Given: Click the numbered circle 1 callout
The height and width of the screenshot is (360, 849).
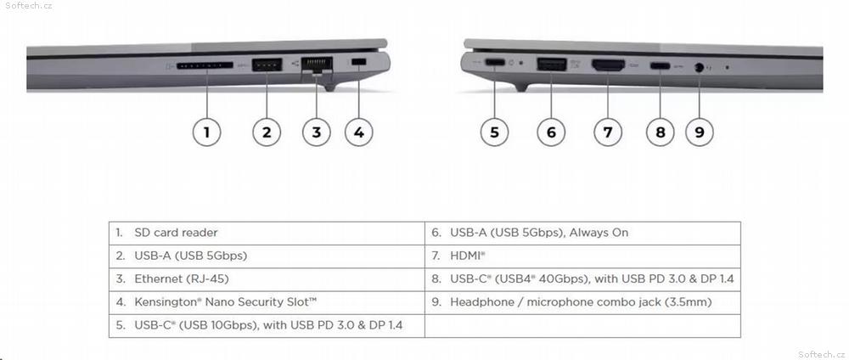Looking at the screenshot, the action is (206, 132).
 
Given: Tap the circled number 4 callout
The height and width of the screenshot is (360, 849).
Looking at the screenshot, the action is (358, 132).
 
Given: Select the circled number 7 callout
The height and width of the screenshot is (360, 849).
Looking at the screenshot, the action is (608, 132).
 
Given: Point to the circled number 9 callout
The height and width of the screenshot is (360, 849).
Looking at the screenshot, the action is (699, 132).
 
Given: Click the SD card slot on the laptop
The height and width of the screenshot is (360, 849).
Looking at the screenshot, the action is (205, 65).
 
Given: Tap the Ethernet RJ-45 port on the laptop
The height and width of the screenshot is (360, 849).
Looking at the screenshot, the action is (317, 66).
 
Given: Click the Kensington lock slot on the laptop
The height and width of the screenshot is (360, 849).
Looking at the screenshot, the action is (358, 63).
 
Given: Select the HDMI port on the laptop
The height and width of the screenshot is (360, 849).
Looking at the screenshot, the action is (608, 65).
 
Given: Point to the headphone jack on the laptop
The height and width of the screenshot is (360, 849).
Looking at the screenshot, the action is (699, 68).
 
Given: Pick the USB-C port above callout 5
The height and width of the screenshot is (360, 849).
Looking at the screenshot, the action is (495, 62).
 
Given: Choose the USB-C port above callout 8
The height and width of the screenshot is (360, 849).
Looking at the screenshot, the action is (660, 66).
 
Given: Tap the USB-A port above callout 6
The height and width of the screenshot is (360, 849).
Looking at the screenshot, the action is (551, 64).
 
